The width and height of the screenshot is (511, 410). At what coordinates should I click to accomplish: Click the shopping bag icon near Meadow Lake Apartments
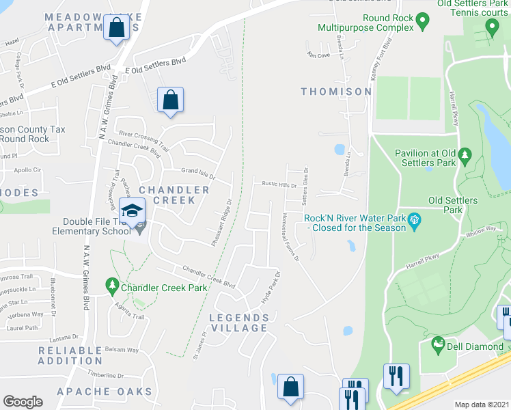coord(117,28)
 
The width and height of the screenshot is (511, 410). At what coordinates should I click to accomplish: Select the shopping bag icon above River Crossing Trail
coord(170,100)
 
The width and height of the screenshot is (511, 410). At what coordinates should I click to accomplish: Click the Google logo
coord(23,402)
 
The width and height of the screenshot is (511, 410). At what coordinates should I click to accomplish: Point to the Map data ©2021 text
coord(482,405)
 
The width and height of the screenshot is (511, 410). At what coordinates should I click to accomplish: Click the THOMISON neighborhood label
coord(336,92)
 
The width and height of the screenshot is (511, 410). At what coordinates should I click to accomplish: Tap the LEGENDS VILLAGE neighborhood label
coord(238,323)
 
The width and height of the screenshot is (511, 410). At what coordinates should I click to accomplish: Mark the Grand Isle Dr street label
coord(198,172)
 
